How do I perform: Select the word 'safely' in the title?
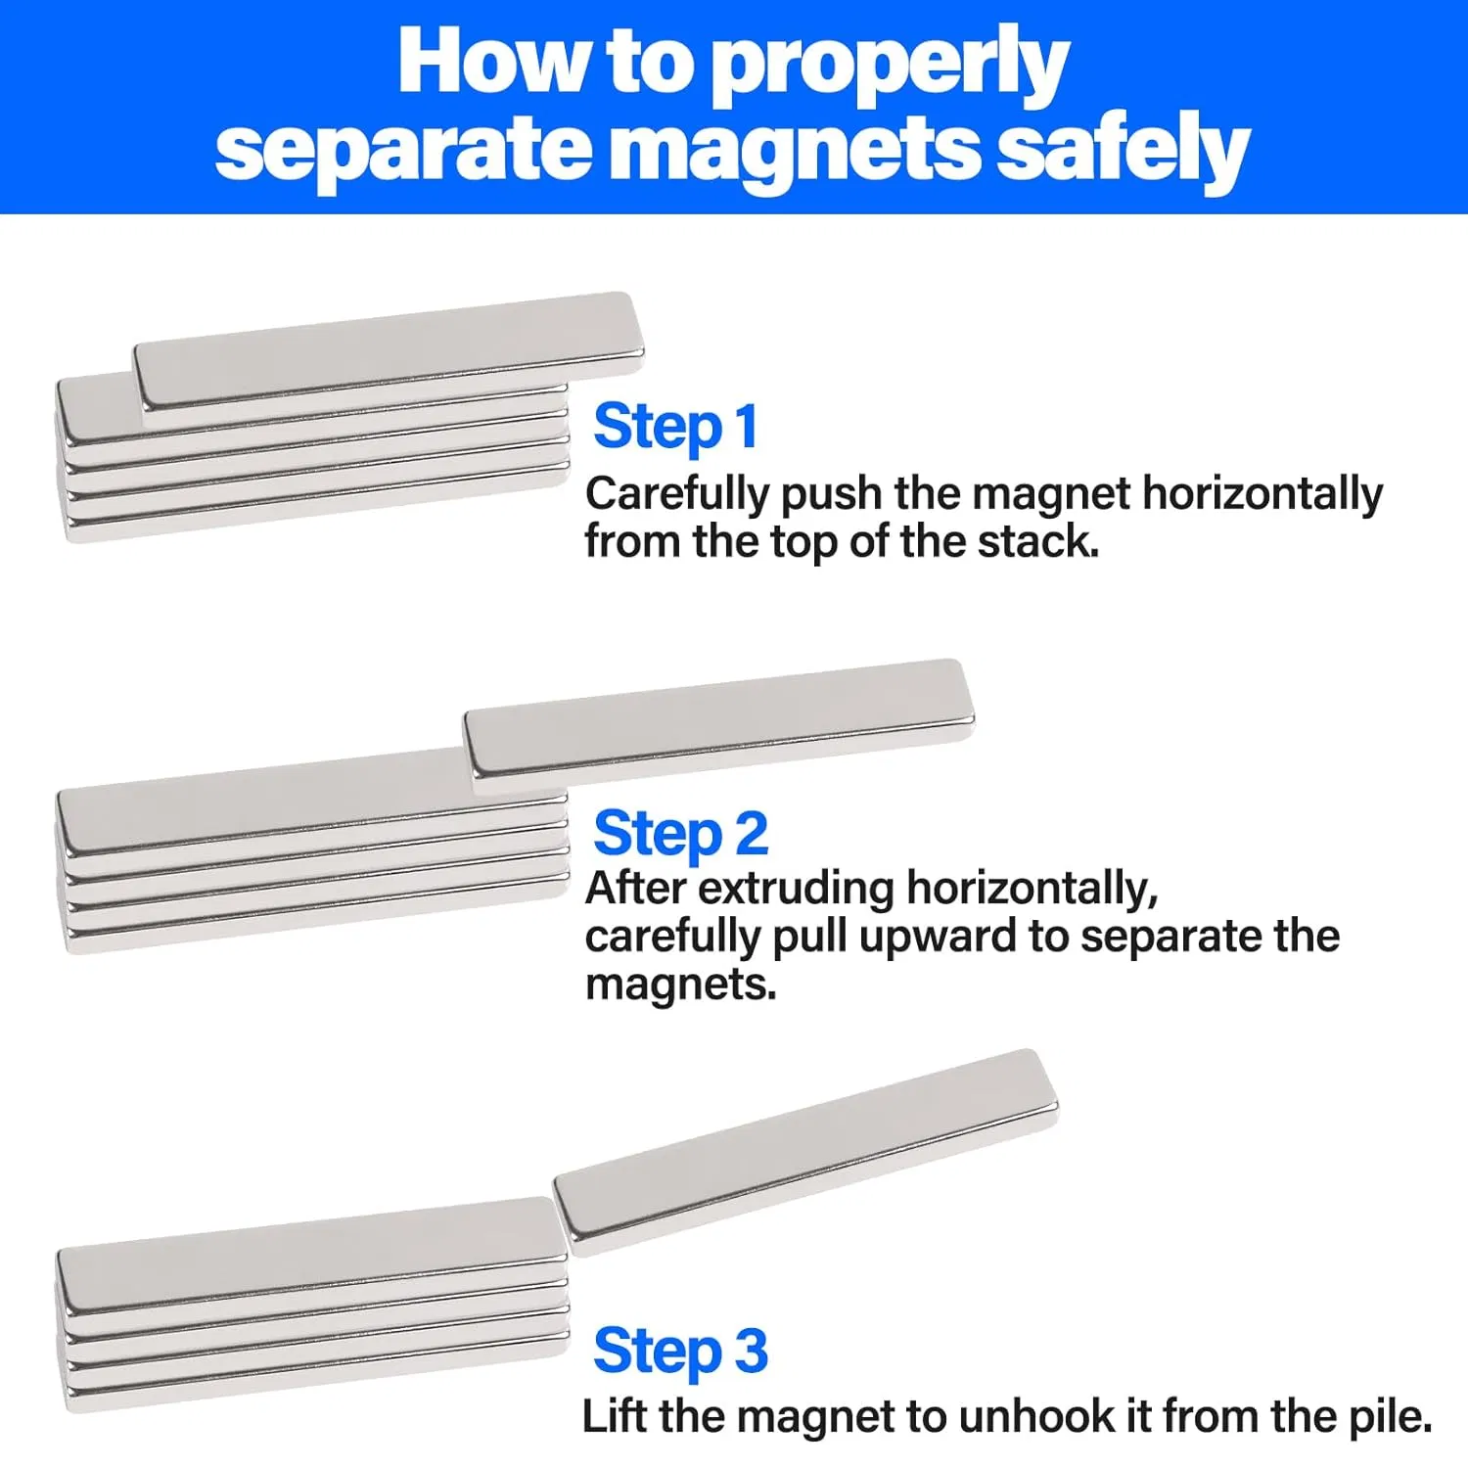(x=1124, y=149)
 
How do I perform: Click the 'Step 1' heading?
(x=675, y=428)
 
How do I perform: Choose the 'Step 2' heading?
(x=681, y=835)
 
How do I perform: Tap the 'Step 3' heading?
(x=681, y=1352)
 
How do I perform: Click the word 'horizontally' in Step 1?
(x=1262, y=493)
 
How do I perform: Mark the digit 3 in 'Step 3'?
(x=751, y=1352)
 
